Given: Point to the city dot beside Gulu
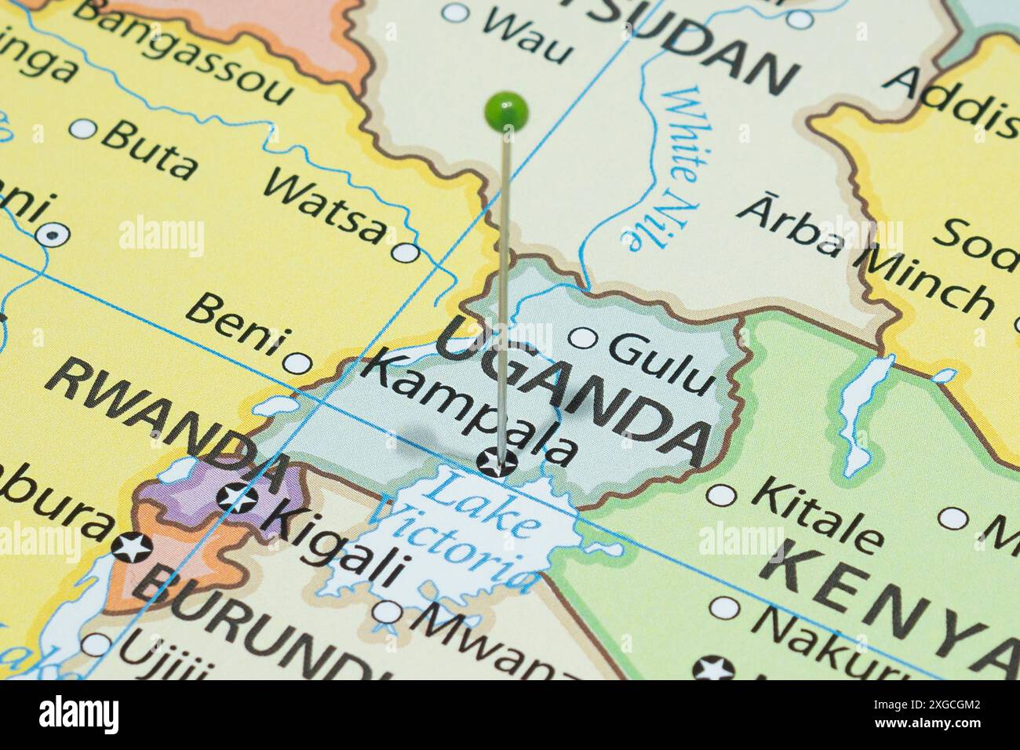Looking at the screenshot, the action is click(x=582, y=338).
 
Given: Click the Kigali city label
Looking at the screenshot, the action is click(x=337, y=544).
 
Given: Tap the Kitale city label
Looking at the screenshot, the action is click(x=817, y=514).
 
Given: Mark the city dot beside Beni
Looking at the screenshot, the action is click(x=297, y=363).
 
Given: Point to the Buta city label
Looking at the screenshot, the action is click(x=150, y=149).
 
